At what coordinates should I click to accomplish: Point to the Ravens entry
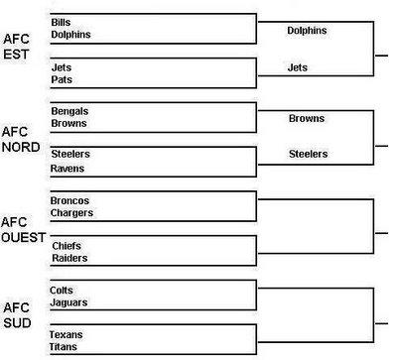coord(66,169)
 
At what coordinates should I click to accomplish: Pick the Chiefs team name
coord(66,245)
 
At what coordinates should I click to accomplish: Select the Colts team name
coord(62,290)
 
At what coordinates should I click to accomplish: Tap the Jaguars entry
coord(68,302)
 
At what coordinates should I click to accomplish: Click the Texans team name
coord(66,334)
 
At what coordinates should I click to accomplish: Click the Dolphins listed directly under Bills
coord(69,34)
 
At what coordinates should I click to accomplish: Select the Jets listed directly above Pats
coord(60,65)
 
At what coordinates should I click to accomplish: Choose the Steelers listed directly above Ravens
coord(68,155)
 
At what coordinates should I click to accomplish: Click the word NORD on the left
coord(21,147)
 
